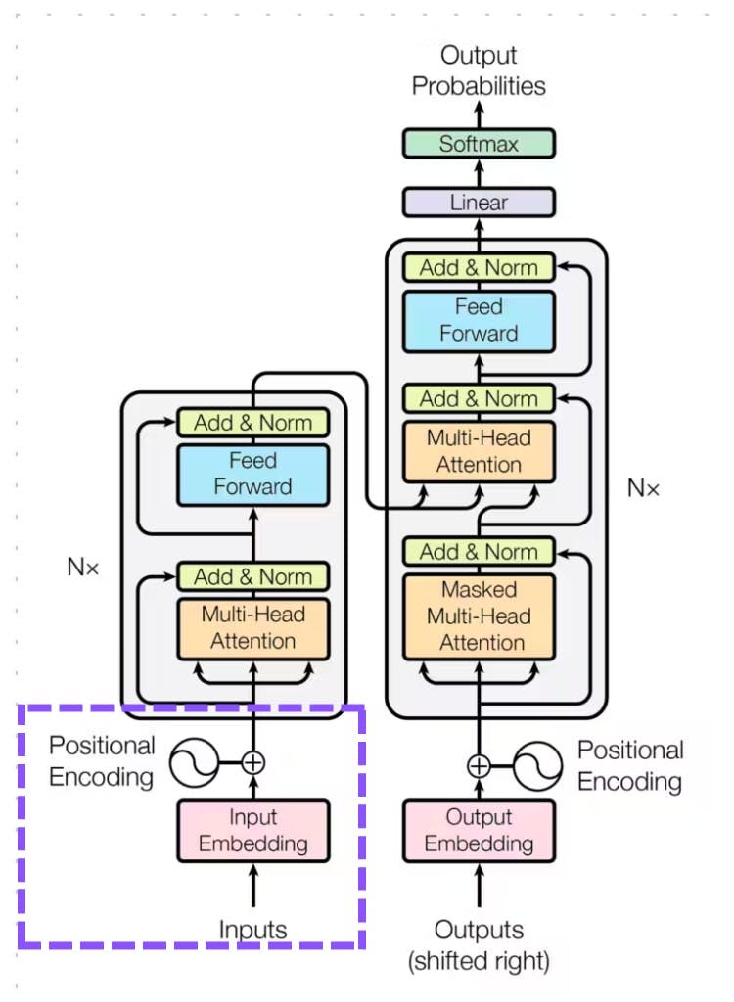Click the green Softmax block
[x=479, y=144]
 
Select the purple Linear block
[x=479, y=203]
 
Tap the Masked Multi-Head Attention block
[x=479, y=616]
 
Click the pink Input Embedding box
[x=253, y=830]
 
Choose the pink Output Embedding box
[x=479, y=830]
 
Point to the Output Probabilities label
[x=479, y=70]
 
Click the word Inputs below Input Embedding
[x=253, y=928]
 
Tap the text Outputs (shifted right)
[x=479, y=943]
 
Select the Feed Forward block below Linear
[x=479, y=320]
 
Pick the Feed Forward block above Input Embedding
[x=253, y=474]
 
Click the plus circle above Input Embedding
[x=253, y=762]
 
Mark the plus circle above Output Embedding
[x=479, y=765]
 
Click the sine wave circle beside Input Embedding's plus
[x=194, y=762]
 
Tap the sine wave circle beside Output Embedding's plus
[x=538, y=765]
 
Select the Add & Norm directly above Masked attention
[x=479, y=551]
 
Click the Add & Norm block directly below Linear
[x=479, y=267]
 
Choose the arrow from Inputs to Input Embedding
[x=253, y=886]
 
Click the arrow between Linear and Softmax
[x=479, y=173]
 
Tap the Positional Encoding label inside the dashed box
[x=103, y=761]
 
